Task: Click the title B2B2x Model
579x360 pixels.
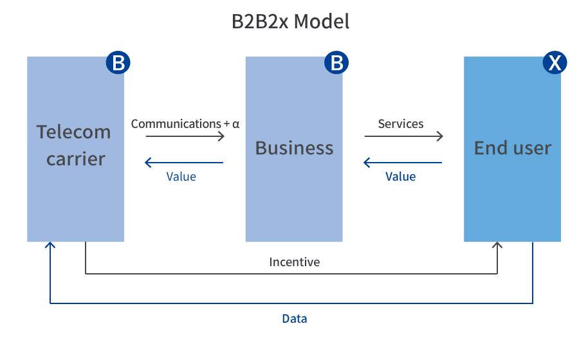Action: (290, 22)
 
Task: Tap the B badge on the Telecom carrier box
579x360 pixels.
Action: (118, 63)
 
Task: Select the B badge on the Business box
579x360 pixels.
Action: (336, 63)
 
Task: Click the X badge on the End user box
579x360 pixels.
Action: (555, 63)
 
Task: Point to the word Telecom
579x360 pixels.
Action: (73, 132)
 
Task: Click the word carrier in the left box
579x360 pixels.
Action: (75, 158)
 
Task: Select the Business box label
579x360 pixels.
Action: (294, 148)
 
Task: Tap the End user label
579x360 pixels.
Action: (513, 148)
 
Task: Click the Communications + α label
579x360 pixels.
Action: (185, 123)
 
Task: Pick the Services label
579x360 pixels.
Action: (401, 123)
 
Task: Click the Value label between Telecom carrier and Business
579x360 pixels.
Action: (181, 176)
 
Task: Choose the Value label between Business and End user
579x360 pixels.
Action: (400, 176)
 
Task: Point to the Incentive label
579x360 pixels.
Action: (294, 262)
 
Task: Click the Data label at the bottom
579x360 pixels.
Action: (294, 318)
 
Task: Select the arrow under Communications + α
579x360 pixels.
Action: (185, 136)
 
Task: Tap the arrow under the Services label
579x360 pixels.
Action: (404, 136)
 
